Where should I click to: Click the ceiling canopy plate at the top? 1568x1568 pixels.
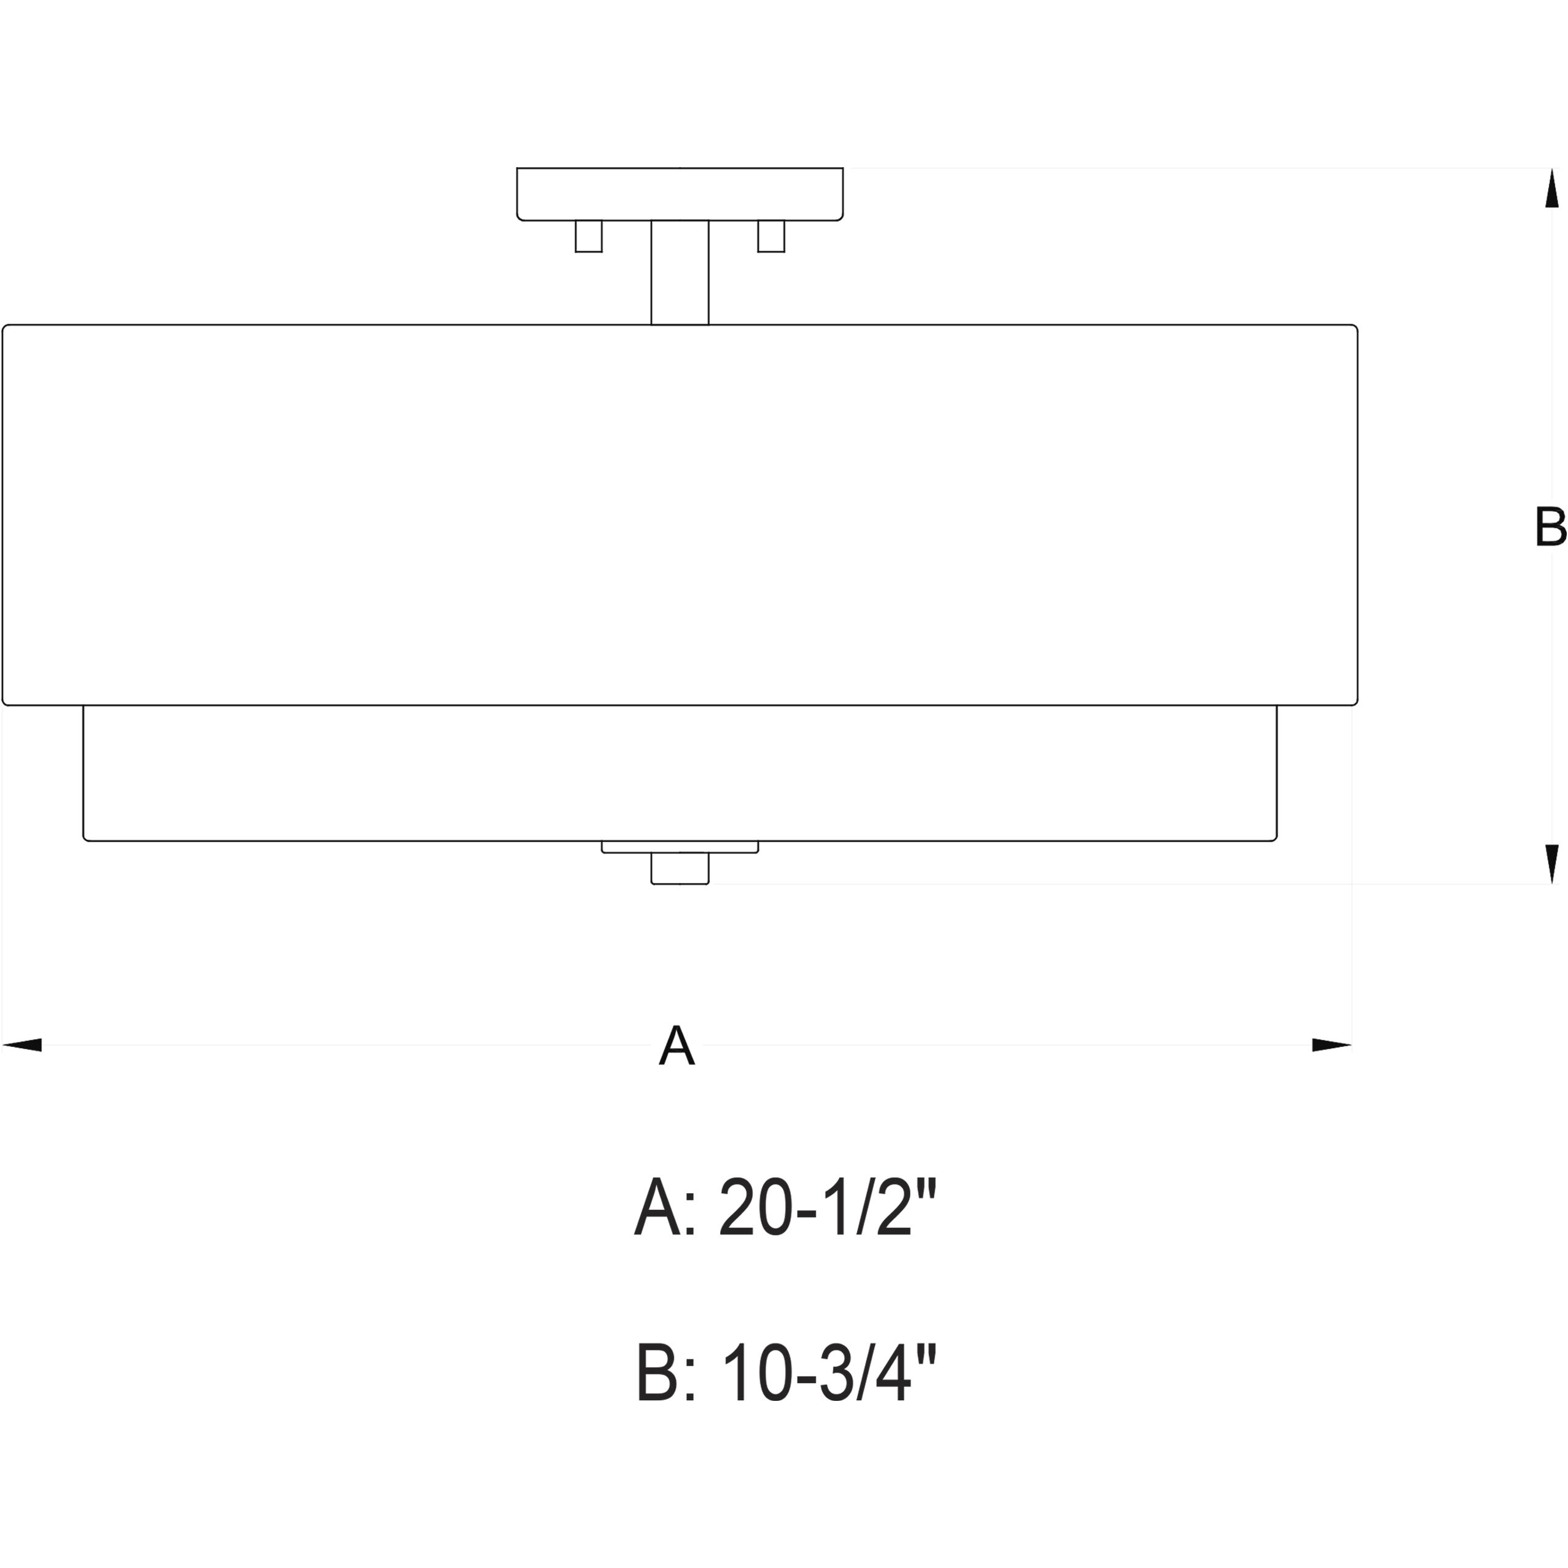(x=680, y=194)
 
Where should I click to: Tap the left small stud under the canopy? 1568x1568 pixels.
(x=589, y=236)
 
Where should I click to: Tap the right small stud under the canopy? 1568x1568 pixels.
(x=771, y=236)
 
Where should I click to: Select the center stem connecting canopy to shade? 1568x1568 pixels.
(x=680, y=273)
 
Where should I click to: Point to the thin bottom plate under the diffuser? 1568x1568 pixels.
(x=680, y=847)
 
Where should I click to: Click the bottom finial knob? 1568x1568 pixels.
(x=680, y=868)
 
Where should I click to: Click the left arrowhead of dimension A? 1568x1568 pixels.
(x=22, y=1045)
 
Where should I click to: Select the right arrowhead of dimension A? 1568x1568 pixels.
(x=1332, y=1045)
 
